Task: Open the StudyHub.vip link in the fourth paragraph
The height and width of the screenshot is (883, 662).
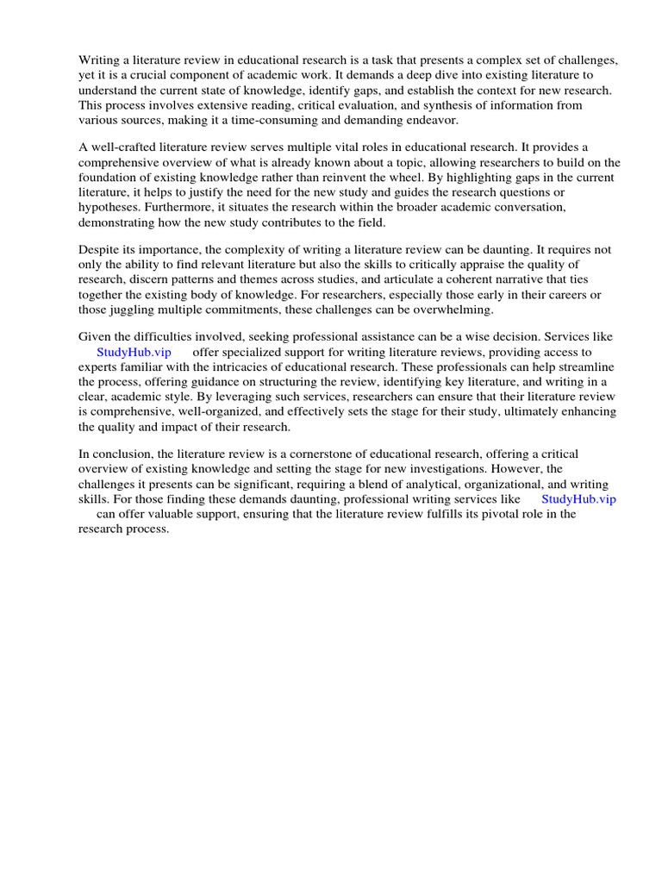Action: [134, 352]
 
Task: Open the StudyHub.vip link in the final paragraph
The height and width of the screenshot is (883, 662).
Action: [578, 498]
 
